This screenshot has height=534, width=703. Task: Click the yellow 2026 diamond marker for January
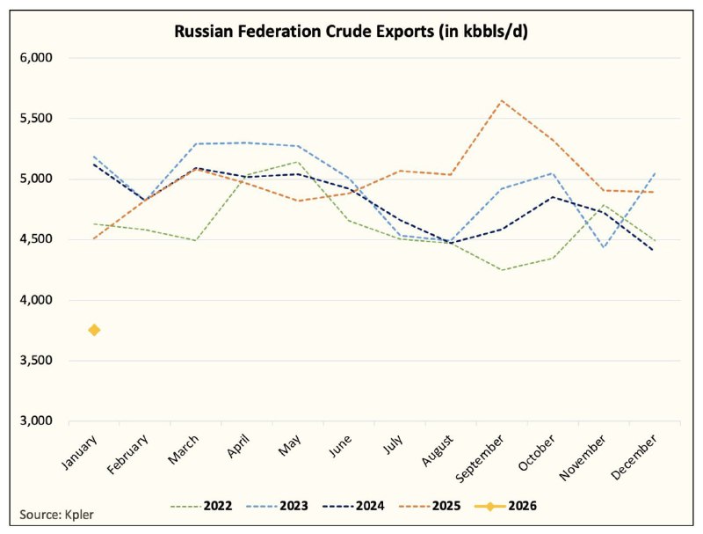pos(94,330)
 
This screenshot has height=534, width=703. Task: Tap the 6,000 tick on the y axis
pos(36,58)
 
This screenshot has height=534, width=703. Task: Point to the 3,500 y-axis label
pos(36,361)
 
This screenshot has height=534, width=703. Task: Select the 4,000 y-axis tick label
pos(36,300)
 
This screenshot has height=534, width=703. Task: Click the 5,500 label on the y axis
pos(36,119)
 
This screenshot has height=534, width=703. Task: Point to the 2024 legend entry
pos(372,505)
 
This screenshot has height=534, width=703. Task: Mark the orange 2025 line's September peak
pos(501,100)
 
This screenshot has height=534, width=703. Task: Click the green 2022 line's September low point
pos(501,269)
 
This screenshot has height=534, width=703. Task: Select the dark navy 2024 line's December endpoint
pos(653,251)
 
